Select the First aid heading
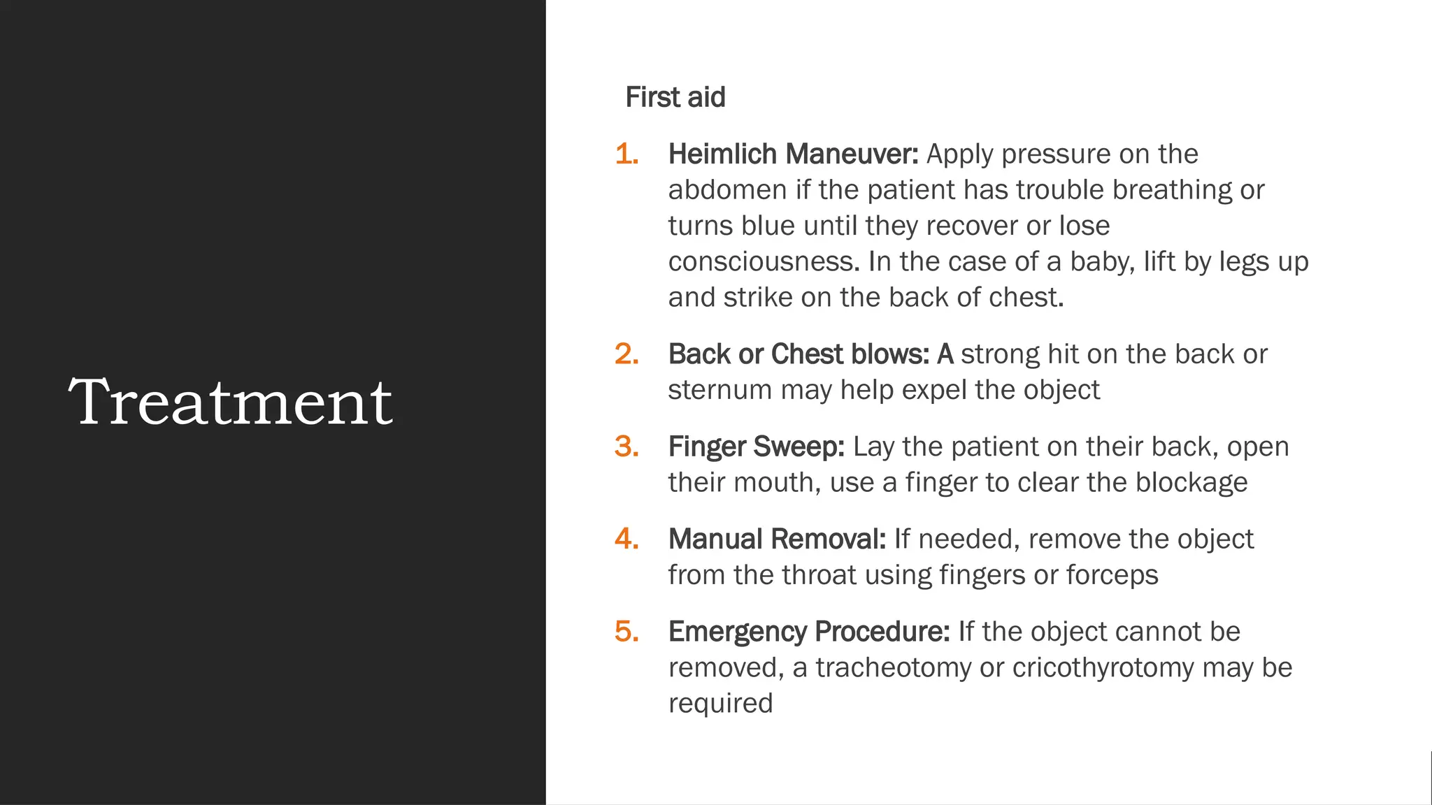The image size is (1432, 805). tap(675, 97)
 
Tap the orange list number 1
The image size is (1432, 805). tap(626, 154)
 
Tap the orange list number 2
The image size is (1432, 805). tap(626, 354)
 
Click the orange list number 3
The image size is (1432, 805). tap(626, 446)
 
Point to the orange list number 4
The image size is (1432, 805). tap(626, 539)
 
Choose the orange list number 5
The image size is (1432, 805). tap(626, 631)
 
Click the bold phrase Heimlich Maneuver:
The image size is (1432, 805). tap(793, 154)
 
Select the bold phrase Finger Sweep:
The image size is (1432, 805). tap(756, 446)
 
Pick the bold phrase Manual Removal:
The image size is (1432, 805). tap(777, 539)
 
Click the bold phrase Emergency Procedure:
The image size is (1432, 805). tap(808, 631)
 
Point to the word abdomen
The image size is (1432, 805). tap(727, 190)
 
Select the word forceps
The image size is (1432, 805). tap(1112, 575)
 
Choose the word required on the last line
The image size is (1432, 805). tap(720, 704)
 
